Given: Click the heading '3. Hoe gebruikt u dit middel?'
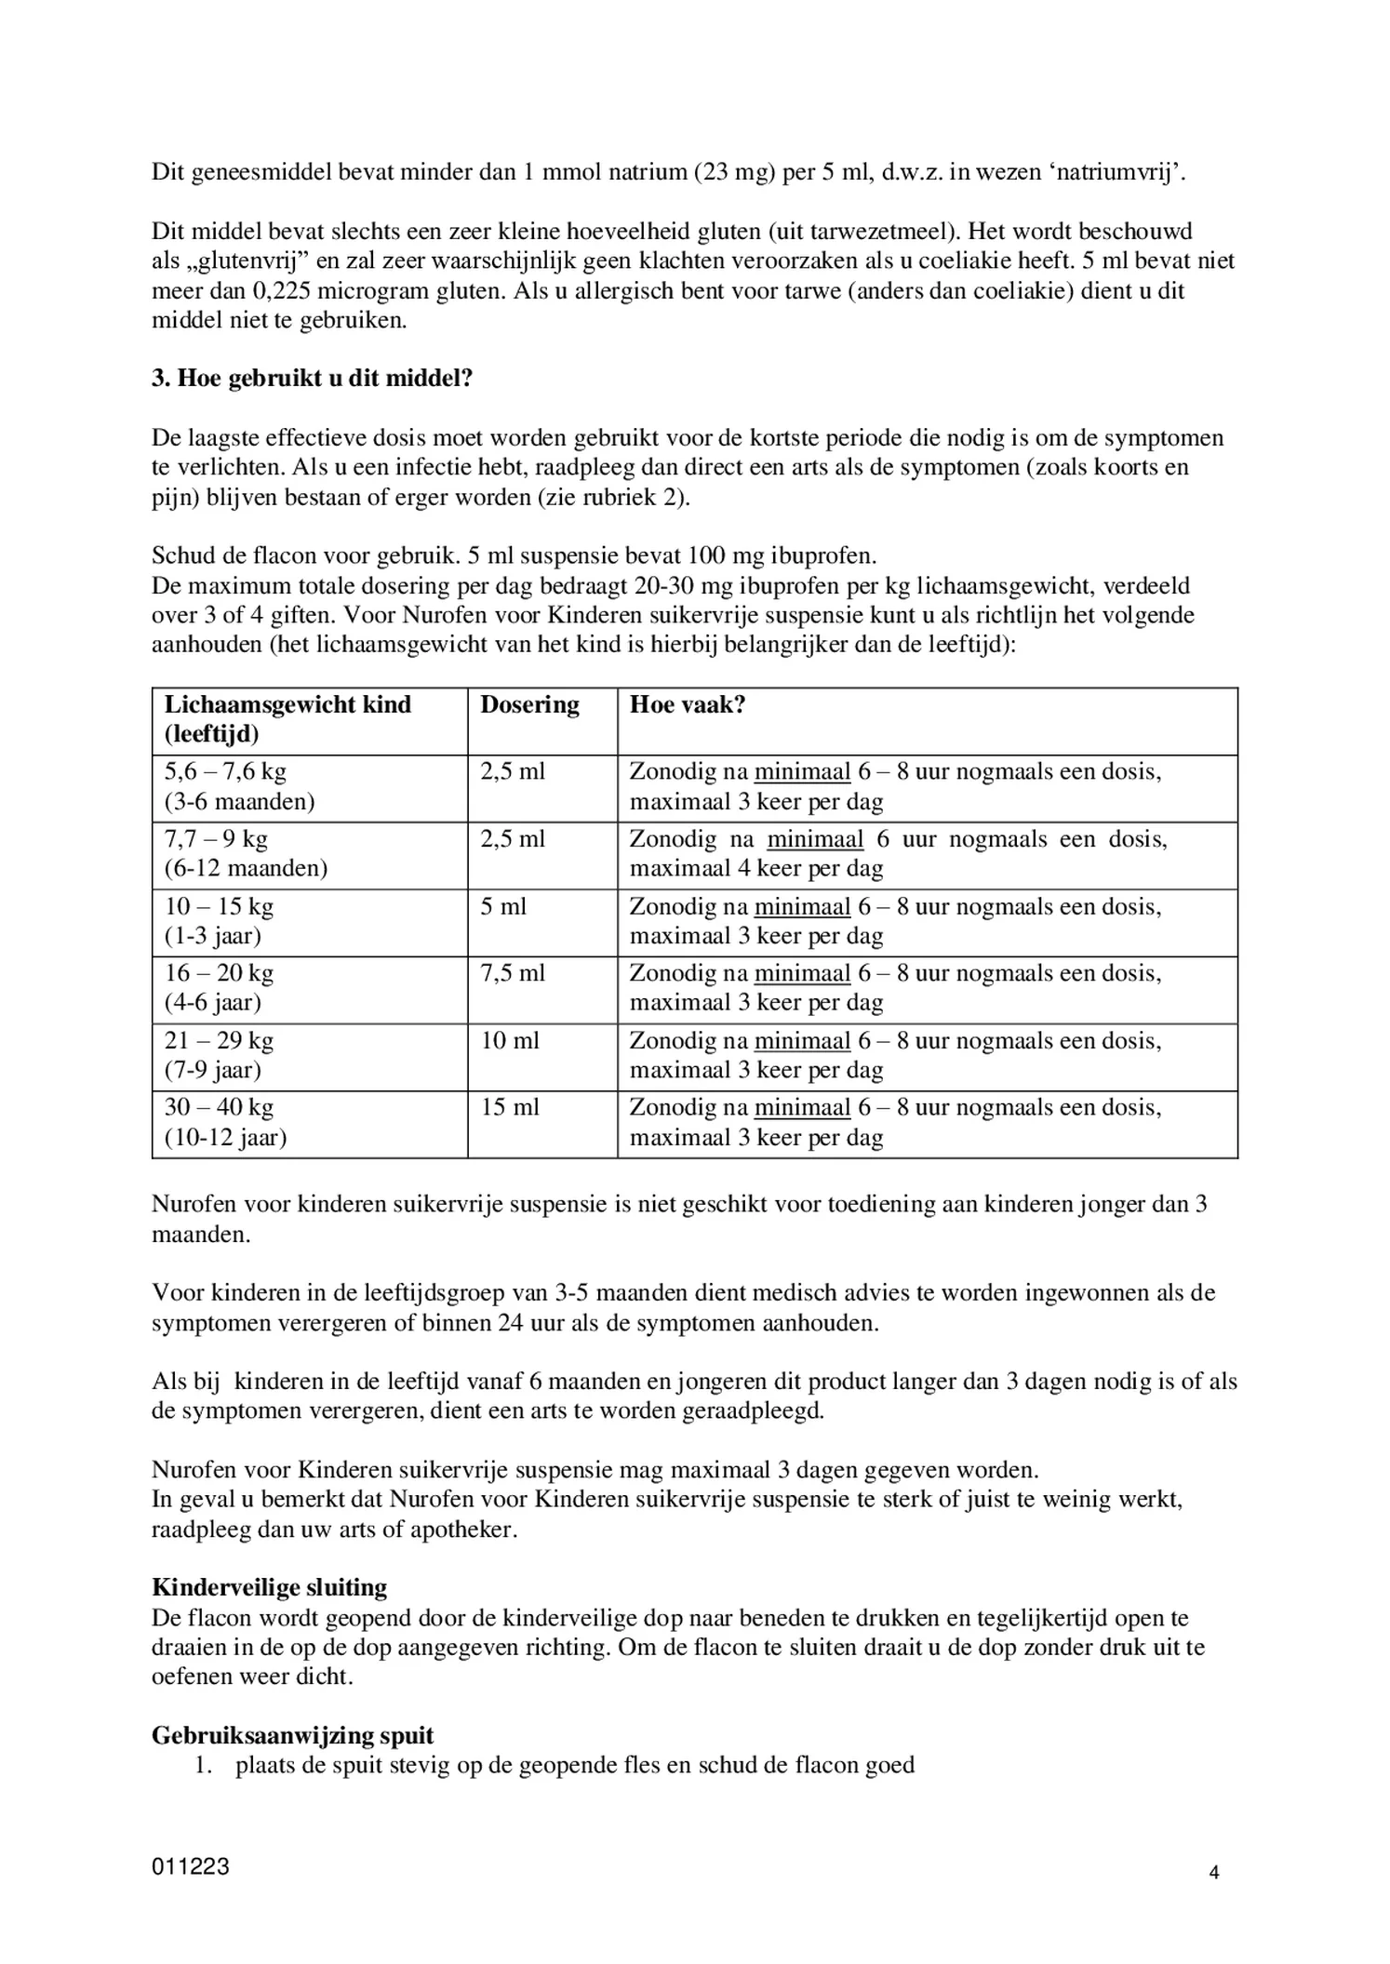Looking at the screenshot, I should pyautogui.click(x=312, y=380).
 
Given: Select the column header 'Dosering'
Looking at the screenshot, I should pyautogui.click(x=529, y=704).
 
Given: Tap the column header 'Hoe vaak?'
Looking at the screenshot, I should pyautogui.click(x=688, y=704).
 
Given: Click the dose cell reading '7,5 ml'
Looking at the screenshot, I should pyautogui.click(x=513, y=973).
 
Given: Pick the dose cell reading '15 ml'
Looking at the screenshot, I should pyautogui.click(x=509, y=1107).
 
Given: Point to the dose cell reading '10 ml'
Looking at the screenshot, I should pyautogui.click(x=509, y=1040).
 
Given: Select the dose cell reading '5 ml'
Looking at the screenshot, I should pyautogui.click(x=503, y=906).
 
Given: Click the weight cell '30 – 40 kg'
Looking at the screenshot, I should pyautogui.click(x=219, y=1107).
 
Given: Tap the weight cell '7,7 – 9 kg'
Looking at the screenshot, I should pyautogui.click(x=216, y=839).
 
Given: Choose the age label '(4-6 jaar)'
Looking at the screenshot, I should pyautogui.click(x=213, y=1003).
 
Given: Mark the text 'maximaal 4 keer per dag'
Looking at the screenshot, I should pyautogui.click(x=756, y=869).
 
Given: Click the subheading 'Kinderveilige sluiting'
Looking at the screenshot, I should pyautogui.click(x=269, y=1587).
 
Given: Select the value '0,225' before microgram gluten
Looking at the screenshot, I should pyautogui.click(x=282, y=291).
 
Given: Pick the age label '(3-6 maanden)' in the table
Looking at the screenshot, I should pyautogui.click(x=240, y=802).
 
